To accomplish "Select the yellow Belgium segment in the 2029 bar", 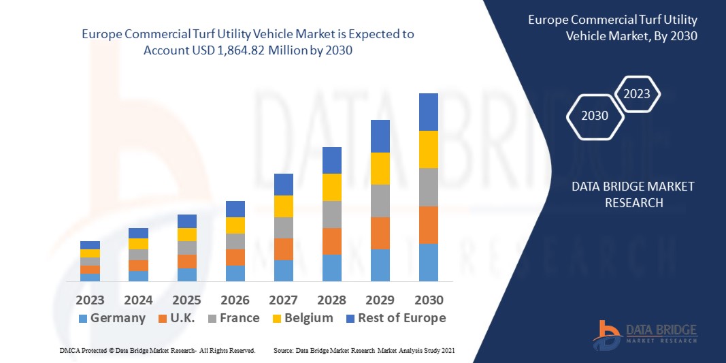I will click(380, 168).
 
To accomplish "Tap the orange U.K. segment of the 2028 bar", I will click(331, 241).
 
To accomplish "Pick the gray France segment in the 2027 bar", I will click(283, 227).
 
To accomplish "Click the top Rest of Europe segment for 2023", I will click(90, 245).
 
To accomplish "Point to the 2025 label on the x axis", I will click(186, 300).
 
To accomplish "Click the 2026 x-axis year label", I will click(235, 300).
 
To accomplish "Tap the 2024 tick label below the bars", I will click(138, 300).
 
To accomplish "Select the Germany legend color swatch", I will click(83, 319).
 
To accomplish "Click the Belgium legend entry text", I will click(309, 318).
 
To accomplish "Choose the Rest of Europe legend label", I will click(401, 318).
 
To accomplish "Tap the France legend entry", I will click(239, 318).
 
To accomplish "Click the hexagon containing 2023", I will click(637, 94).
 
